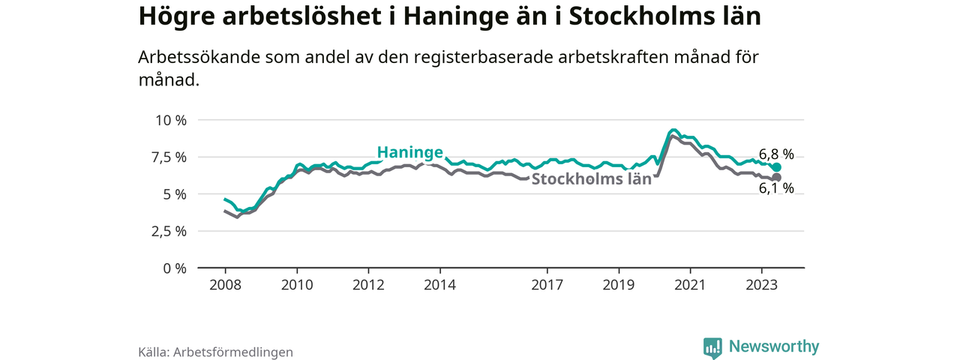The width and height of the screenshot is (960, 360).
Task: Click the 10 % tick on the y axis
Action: [x=169, y=120]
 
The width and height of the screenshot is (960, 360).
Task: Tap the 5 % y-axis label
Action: [x=173, y=193]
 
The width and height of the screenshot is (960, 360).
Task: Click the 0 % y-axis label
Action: [x=173, y=268]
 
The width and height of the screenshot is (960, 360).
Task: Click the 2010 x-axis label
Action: [x=297, y=285]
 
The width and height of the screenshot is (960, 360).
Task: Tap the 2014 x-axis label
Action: [x=439, y=285]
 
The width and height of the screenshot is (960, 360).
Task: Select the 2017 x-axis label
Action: [x=547, y=285]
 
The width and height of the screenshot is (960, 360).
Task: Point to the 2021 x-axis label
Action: [x=690, y=285]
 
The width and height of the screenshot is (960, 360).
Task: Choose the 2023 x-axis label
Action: [x=761, y=285]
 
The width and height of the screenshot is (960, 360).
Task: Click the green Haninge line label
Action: [x=409, y=152]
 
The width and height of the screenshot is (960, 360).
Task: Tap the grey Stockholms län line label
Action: [x=592, y=179]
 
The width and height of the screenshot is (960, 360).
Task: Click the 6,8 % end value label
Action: [x=775, y=154]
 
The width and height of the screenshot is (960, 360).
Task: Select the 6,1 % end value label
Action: [x=775, y=189]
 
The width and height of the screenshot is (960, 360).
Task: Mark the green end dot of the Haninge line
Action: [x=777, y=167]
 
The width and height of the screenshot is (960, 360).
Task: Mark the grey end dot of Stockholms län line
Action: [x=777, y=177]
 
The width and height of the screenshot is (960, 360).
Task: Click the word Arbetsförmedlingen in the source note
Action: [x=233, y=351]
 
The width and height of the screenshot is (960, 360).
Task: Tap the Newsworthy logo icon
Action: [x=712, y=347]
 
